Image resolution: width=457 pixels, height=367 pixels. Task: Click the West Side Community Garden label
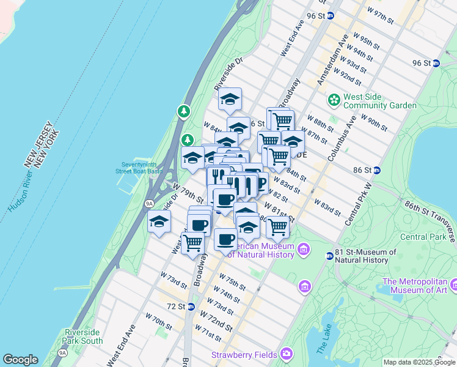379,101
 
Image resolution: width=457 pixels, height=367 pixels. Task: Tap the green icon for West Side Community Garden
334,99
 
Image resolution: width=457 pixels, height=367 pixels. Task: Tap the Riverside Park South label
82,336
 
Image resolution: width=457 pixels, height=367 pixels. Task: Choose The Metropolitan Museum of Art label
415,286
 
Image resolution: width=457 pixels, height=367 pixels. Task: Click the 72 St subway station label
175,306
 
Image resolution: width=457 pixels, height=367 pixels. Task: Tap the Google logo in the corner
20,360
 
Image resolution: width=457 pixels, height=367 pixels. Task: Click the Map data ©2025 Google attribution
419,362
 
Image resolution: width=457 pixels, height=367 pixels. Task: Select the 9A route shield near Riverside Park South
62,353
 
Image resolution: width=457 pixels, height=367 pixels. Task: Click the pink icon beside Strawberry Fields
287,354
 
